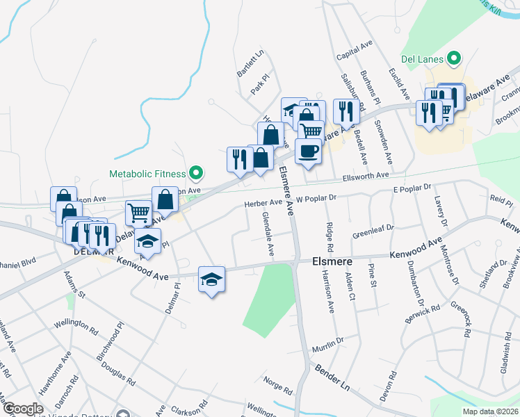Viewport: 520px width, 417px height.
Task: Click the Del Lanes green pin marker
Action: coord(455,58)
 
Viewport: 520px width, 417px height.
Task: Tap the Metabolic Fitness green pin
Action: coord(195,173)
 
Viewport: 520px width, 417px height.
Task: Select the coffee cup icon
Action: coord(308,150)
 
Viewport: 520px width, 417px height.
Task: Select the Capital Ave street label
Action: coord(355,49)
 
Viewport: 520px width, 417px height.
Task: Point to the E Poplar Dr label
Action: coord(412,188)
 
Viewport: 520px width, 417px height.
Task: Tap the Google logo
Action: coord(22,409)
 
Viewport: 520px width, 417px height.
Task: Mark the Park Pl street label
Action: coord(259,86)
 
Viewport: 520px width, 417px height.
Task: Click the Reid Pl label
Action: coord(501,199)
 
